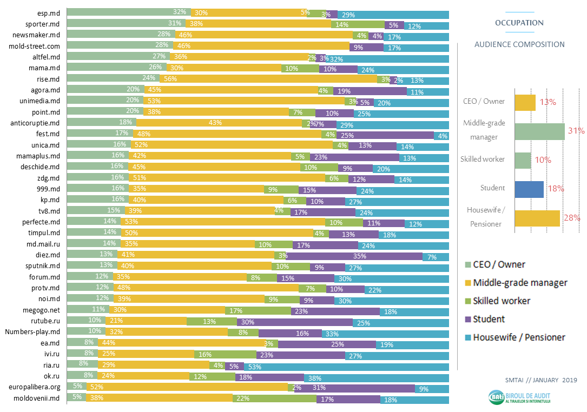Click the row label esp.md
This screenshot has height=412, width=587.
pos(49,13)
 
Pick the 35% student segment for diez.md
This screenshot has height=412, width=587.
pos(355,255)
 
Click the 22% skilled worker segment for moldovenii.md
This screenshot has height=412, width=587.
pos(274,400)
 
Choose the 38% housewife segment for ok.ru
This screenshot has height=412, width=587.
pos(377,377)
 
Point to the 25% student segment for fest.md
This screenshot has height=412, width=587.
pos(385,135)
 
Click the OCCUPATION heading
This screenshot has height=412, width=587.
pos(519,23)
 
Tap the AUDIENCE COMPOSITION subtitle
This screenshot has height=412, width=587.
pos(519,44)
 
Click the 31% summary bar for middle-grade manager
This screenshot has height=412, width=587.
pos(539,131)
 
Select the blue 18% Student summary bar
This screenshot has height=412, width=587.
pos(529,189)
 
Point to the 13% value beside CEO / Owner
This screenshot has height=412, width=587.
pos(548,102)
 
